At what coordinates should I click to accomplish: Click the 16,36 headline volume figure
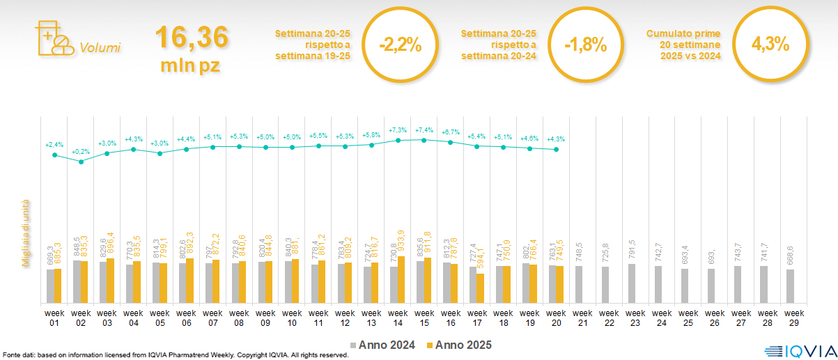(191, 38)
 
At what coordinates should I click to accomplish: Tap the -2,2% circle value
(401, 45)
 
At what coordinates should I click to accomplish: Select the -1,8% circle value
(586, 45)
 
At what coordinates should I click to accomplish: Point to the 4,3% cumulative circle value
(770, 45)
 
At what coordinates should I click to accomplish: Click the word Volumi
(100, 48)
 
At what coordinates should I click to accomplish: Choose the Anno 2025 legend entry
(458, 345)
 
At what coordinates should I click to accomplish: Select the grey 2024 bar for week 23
(632, 283)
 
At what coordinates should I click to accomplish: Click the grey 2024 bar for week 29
(790, 286)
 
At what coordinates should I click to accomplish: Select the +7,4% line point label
(424, 130)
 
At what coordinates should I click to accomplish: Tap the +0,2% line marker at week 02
(81, 162)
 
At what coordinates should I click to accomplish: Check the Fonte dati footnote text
(174, 355)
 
